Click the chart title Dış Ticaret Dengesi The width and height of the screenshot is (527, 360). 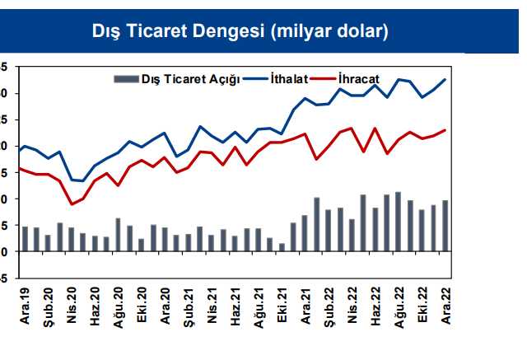tap(240, 31)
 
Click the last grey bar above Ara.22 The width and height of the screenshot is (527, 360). tap(445, 226)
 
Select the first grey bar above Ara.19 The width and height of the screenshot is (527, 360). tap(25, 239)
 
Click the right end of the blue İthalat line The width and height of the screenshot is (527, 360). tap(445, 79)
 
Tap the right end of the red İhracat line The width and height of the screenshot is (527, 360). tap(445, 129)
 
